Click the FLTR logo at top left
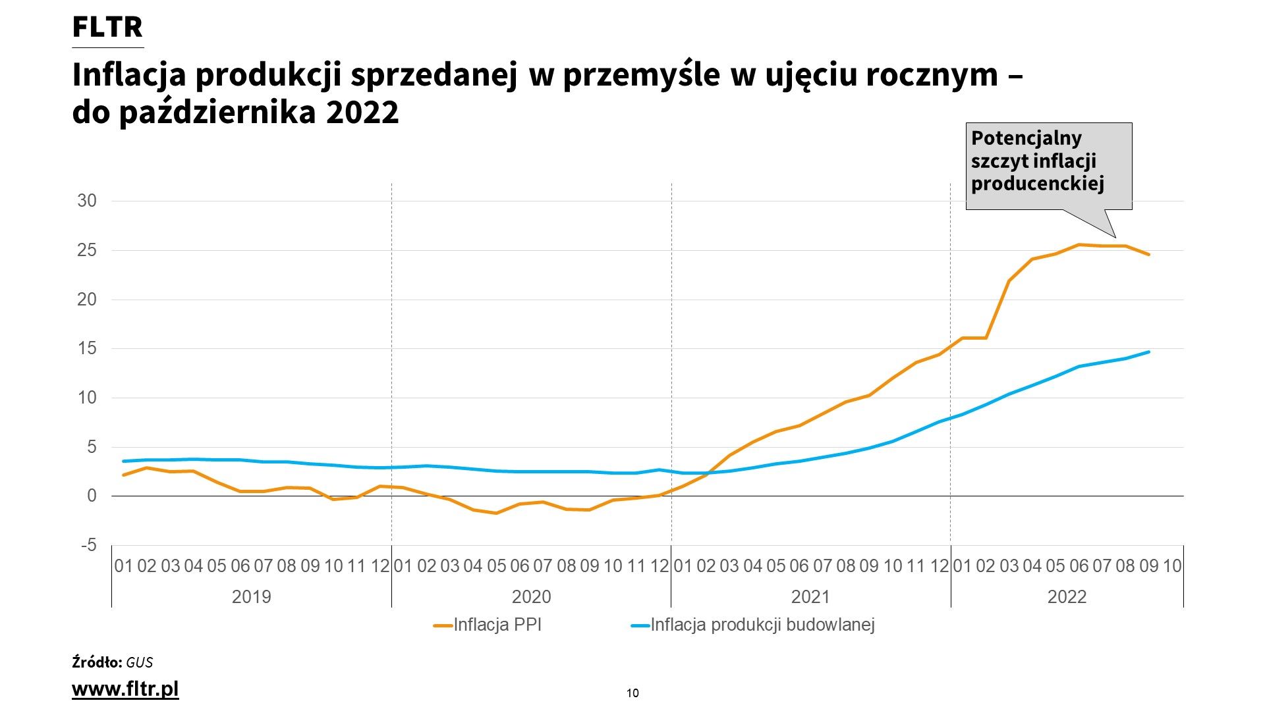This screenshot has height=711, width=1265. tap(107, 28)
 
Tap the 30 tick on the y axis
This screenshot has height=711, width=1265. tap(87, 201)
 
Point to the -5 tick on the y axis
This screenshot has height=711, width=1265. tap(88, 546)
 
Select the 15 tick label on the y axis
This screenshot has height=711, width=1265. tap(87, 349)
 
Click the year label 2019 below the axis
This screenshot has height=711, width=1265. tap(252, 597)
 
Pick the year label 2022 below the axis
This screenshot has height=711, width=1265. tap(1067, 597)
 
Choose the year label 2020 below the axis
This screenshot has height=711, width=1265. tap(531, 597)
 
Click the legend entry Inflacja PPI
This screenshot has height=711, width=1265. tap(497, 625)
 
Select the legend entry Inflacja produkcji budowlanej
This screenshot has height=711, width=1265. tap(762, 625)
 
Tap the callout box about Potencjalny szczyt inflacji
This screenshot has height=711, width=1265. tap(1048, 166)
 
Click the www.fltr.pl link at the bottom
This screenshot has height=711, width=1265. tap(125, 689)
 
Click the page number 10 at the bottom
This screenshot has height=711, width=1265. tap(632, 693)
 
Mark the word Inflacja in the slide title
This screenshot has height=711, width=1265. tap(129, 76)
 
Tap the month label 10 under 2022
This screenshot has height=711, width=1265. tap(1172, 566)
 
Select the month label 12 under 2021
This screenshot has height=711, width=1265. tap(939, 566)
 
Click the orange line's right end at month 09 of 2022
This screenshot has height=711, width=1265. tap(1149, 255)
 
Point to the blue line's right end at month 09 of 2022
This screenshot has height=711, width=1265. tap(1149, 352)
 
